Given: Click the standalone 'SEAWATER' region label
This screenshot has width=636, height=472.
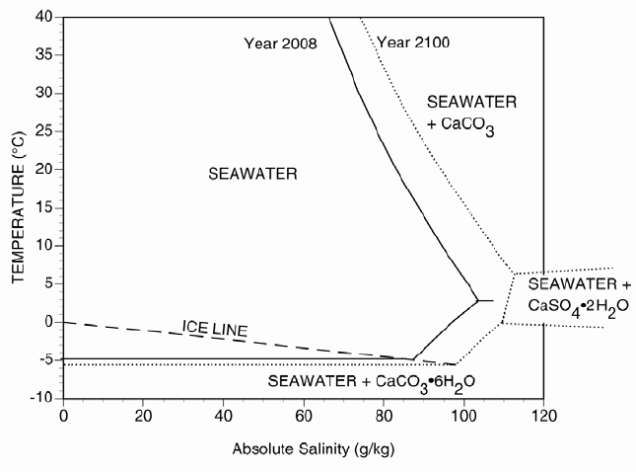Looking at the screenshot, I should (253, 174).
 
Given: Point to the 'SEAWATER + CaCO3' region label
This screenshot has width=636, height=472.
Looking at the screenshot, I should (471, 113).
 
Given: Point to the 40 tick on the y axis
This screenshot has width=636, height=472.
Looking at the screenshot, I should (45, 18).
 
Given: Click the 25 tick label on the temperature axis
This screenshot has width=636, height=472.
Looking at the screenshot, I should (45, 132).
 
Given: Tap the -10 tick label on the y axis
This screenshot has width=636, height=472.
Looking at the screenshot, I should (41, 398).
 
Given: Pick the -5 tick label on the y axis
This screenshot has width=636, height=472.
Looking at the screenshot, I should (44, 360).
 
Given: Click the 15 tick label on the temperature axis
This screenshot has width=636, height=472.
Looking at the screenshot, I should (45, 208).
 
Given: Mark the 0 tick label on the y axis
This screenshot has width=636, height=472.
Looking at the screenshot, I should (49, 322).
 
